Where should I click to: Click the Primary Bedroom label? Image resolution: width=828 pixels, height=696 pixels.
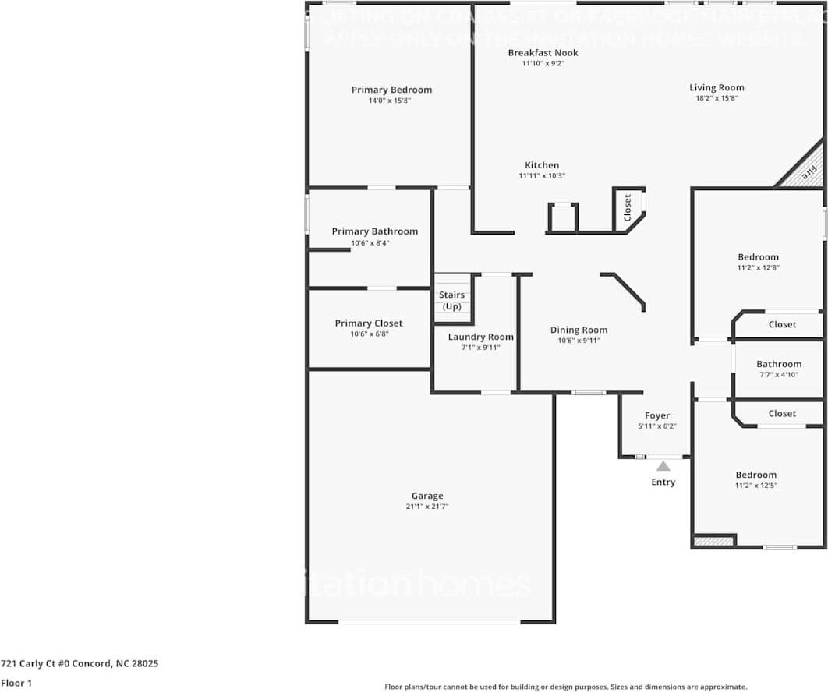click(x=391, y=90)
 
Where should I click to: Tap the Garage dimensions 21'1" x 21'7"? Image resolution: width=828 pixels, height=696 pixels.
click(x=427, y=507)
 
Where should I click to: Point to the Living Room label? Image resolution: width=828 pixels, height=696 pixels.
click(x=717, y=88)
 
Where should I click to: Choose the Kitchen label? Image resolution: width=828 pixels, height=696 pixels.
click(x=542, y=165)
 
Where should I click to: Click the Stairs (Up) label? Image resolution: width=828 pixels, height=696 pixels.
click(x=451, y=300)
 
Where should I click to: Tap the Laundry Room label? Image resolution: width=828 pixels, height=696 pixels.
click(x=480, y=337)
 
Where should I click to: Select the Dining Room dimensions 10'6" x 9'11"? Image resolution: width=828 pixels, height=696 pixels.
click(x=579, y=341)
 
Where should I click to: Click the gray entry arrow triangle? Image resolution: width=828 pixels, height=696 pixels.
click(x=663, y=466)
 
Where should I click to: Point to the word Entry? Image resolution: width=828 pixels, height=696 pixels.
click(x=663, y=482)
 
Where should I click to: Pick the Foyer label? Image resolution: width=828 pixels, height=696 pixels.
click(x=657, y=415)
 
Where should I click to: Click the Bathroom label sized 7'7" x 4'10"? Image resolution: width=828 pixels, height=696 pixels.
click(x=779, y=364)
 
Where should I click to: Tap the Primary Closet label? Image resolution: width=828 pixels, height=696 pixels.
click(x=369, y=323)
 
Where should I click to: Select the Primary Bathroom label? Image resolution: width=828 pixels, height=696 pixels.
click(x=374, y=231)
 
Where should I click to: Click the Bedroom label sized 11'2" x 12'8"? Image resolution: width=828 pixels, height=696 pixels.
click(x=758, y=257)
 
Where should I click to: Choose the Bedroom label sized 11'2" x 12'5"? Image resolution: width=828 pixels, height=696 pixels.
click(x=755, y=475)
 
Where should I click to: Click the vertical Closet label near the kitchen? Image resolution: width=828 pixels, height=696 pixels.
click(x=628, y=207)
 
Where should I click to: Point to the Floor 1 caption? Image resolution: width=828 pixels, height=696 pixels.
click(x=16, y=684)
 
